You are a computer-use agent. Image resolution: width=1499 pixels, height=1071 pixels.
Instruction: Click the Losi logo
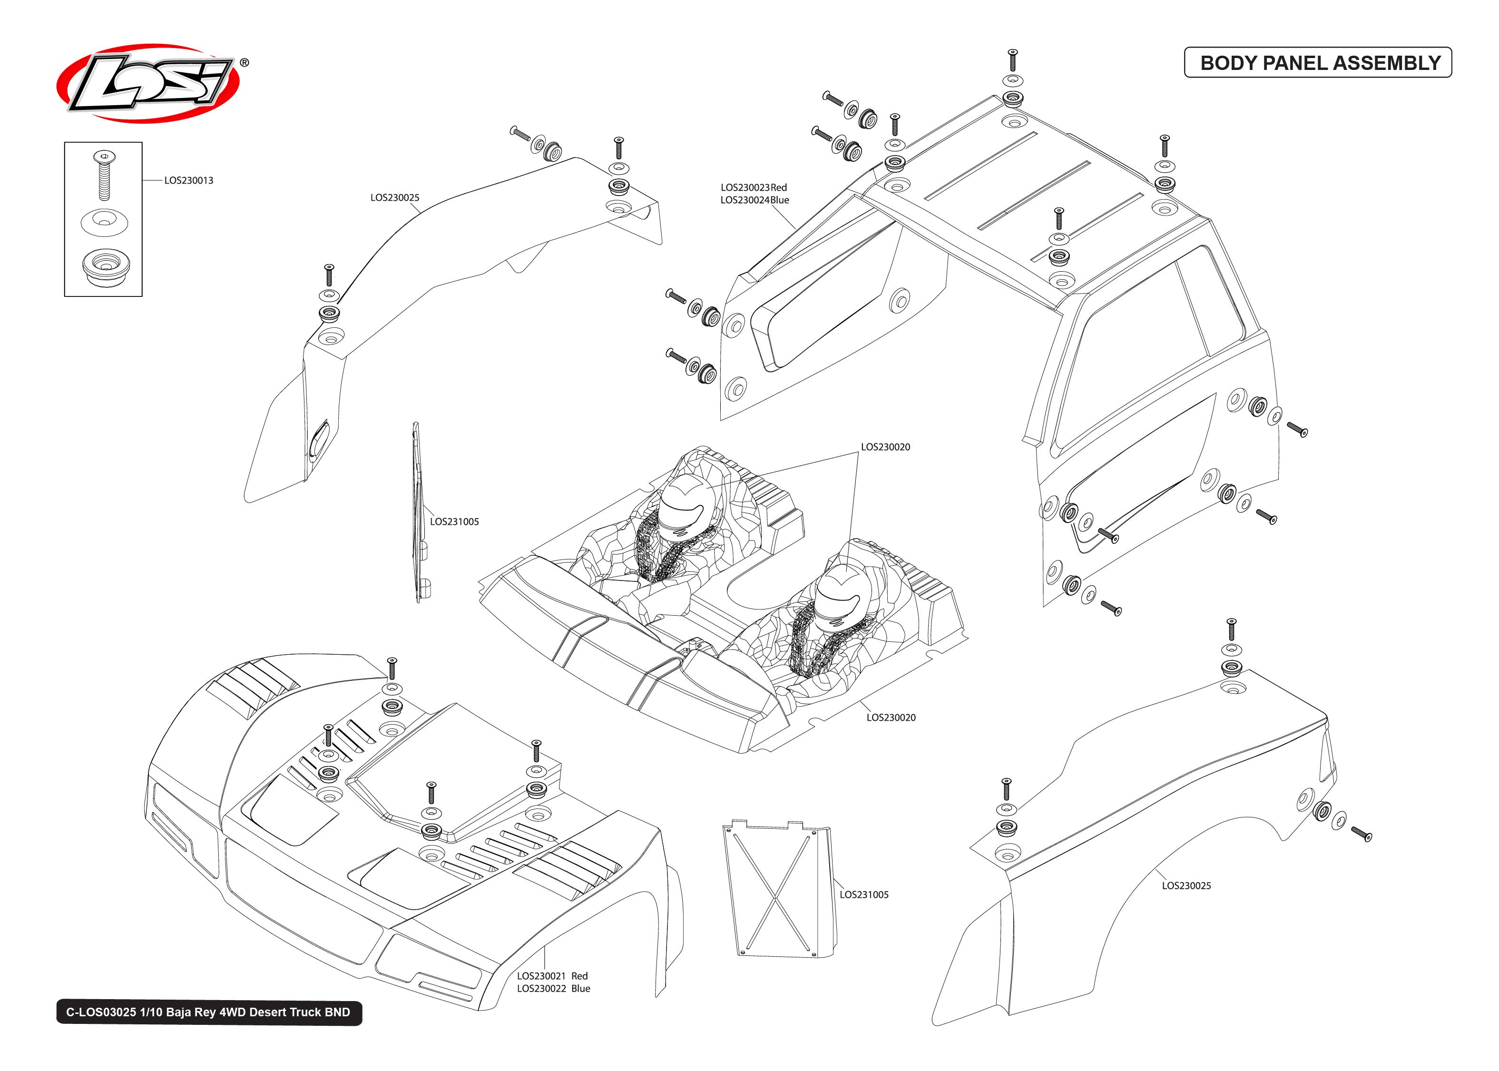(148, 84)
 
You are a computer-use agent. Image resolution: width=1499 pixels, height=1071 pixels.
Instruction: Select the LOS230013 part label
(188, 180)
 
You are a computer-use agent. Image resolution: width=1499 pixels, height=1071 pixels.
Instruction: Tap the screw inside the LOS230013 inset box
(104, 175)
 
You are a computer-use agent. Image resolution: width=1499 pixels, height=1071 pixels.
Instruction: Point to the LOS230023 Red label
(753, 187)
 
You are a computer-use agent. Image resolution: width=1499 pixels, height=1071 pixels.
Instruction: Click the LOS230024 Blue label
(754, 200)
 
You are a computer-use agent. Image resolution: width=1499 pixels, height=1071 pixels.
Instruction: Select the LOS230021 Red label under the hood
(552, 975)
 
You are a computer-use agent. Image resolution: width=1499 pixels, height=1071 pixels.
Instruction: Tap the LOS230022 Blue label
(553, 988)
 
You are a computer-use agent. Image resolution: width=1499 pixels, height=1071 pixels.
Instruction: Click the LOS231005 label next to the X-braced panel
(863, 894)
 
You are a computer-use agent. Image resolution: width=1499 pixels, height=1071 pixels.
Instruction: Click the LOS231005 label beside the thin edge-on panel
(454, 521)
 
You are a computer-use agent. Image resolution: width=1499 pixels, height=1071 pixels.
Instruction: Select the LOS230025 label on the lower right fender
(1186, 885)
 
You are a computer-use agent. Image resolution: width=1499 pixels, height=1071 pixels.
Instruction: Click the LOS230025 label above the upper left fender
(394, 197)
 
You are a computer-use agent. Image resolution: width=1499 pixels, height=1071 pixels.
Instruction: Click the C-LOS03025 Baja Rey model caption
(208, 1012)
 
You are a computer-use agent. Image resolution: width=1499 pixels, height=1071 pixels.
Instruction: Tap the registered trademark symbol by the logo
(244, 63)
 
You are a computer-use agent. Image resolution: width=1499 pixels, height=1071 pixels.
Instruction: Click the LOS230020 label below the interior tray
(891, 717)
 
